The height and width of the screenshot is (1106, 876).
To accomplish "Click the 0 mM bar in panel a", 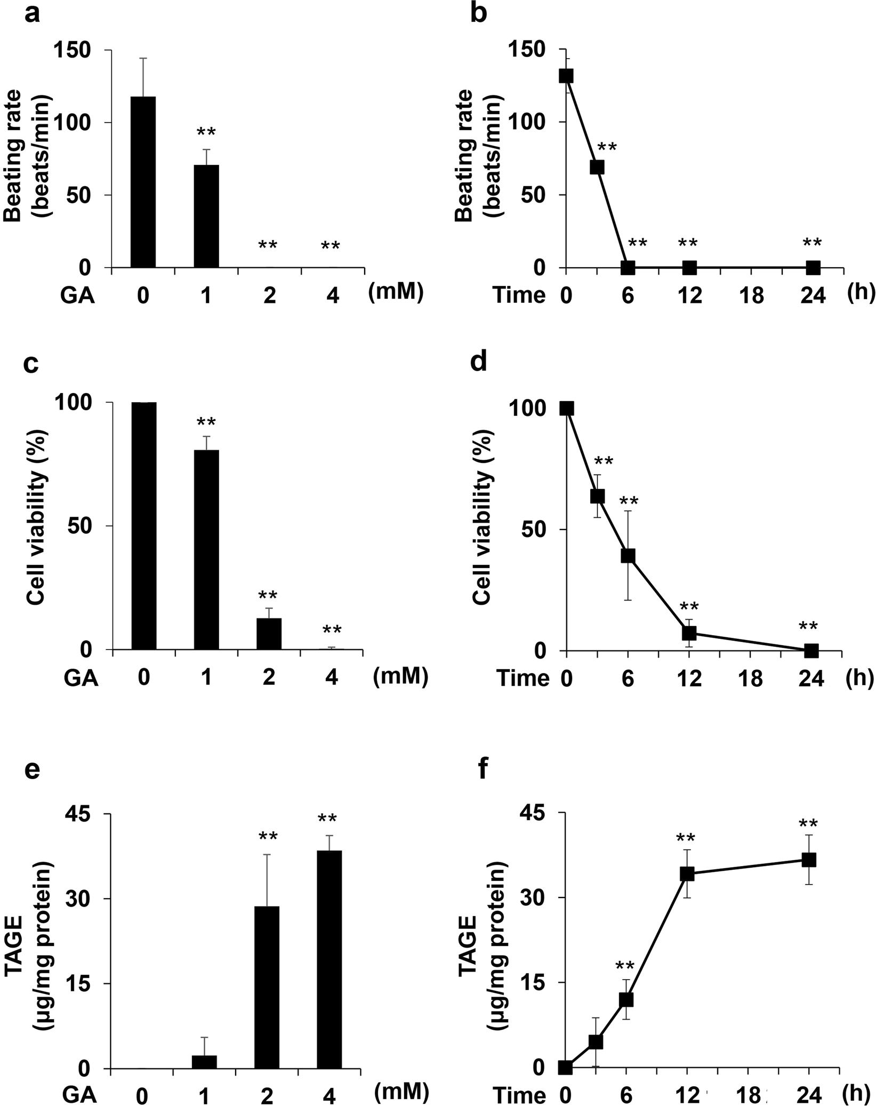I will [143, 182].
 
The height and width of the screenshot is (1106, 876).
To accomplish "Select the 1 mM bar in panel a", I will [206, 216].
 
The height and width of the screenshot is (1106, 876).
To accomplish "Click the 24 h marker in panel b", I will [813, 267].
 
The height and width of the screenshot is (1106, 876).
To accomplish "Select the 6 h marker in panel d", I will [628, 556].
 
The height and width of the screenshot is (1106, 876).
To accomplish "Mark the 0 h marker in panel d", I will [566, 408].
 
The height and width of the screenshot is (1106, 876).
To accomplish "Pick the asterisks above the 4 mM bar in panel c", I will [332, 630].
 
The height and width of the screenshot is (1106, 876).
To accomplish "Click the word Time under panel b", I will [519, 295].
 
